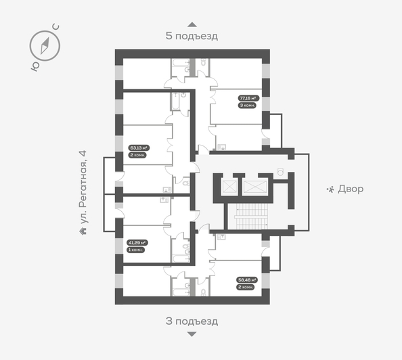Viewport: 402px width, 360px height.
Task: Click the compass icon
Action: tap(45, 45)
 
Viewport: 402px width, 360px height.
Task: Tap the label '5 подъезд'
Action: tap(192, 36)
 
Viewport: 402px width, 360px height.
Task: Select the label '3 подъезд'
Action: tap(192, 321)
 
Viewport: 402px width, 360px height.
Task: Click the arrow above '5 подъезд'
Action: tap(192, 24)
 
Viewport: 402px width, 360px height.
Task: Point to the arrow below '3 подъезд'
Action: tap(192, 334)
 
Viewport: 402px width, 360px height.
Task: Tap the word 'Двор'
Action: tap(350, 189)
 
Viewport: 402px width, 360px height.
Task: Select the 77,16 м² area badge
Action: tap(248, 98)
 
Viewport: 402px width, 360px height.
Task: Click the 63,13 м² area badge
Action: tap(138, 147)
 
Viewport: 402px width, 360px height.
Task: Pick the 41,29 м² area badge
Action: tap(138, 242)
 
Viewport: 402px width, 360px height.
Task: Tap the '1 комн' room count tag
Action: tap(137, 250)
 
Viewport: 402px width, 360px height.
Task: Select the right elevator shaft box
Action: tap(255, 186)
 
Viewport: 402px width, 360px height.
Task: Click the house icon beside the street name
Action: tap(83, 230)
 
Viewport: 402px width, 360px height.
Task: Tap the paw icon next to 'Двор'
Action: tap(330, 189)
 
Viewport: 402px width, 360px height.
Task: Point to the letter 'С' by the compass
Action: tap(56, 28)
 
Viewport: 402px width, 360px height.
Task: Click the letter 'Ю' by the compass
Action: tap(34, 65)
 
